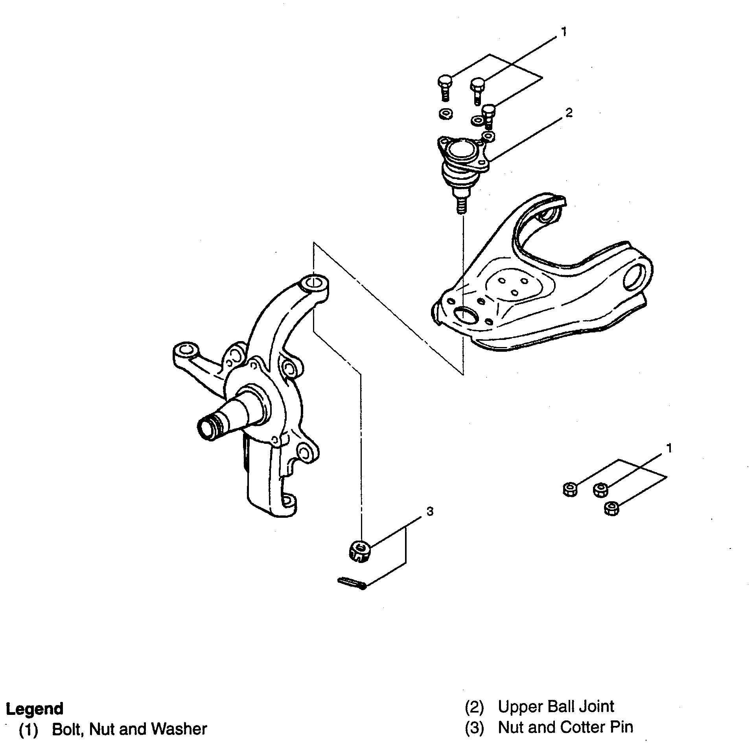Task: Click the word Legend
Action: coord(35,709)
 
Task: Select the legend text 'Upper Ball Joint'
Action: coord(556,707)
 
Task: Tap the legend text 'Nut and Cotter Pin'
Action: coord(565,727)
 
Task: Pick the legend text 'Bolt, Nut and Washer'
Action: coord(129,729)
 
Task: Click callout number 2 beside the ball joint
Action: coord(569,113)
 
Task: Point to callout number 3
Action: coord(430,511)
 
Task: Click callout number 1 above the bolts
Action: coord(563,32)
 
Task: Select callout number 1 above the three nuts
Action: coord(668,448)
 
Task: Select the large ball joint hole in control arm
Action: coord(465,315)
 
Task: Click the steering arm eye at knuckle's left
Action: coord(184,350)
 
